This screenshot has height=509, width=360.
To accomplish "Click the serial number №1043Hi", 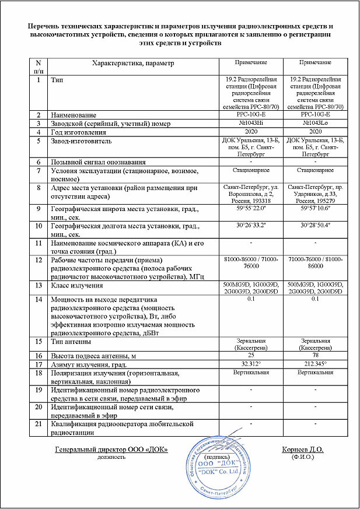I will (x=251, y=124).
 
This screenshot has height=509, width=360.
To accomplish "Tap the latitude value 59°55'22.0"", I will (x=251, y=207).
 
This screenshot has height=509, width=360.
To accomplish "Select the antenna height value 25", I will (x=251, y=354).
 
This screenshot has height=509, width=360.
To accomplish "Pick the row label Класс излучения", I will (x=81, y=286).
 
